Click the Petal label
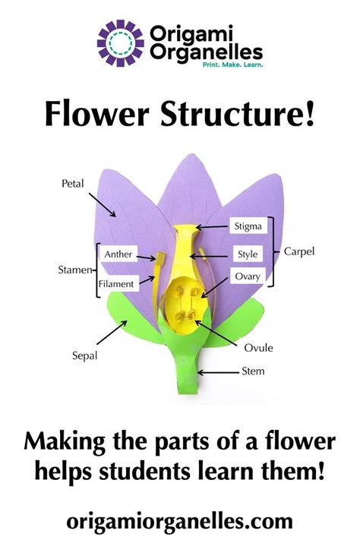point(73,183)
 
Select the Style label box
point(248,252)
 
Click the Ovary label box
point(248,276)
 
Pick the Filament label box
point(118,283)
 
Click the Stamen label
point(76,269)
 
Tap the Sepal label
point(85,354)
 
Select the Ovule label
point(258,348)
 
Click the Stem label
point(252,372)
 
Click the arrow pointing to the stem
point(220,372)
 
